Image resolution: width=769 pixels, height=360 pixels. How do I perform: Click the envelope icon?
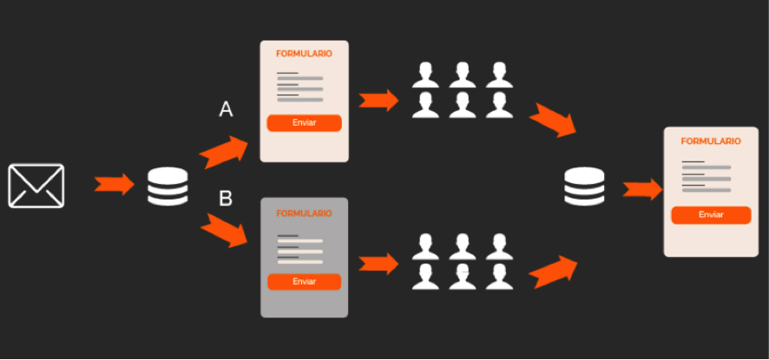coord(36,186)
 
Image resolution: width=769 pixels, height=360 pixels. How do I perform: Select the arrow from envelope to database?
coord(115,185)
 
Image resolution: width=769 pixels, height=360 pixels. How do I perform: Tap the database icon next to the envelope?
coord(168,187)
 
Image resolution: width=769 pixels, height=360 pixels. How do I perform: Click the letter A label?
coord(226,109)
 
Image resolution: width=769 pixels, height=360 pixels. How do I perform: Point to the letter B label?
coord(226,199)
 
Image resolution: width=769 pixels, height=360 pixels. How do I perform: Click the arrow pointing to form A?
coord(224,153)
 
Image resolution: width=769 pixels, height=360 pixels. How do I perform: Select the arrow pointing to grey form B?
coord(225,230)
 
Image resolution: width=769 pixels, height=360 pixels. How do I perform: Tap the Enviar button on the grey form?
coord(304,282)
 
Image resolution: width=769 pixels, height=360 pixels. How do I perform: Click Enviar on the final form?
coord(711,215)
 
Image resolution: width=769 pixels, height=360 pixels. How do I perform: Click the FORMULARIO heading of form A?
coord(304,54)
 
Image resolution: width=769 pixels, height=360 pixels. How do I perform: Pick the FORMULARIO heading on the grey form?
coord(304,213)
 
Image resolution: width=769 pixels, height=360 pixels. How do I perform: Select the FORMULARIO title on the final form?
coord(711,141)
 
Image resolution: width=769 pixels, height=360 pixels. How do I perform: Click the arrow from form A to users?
coord(378,101)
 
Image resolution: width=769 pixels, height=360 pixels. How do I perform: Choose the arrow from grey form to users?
coord(378,265)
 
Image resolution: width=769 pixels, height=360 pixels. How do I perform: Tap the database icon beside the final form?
coord(584,187)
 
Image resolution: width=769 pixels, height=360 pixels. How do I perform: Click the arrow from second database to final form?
coord(642,189)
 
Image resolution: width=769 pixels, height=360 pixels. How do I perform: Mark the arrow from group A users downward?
coord(553,120)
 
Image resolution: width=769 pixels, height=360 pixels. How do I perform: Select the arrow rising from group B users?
coord(553,272)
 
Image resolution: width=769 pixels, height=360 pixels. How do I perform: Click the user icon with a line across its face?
coord(463,277)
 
